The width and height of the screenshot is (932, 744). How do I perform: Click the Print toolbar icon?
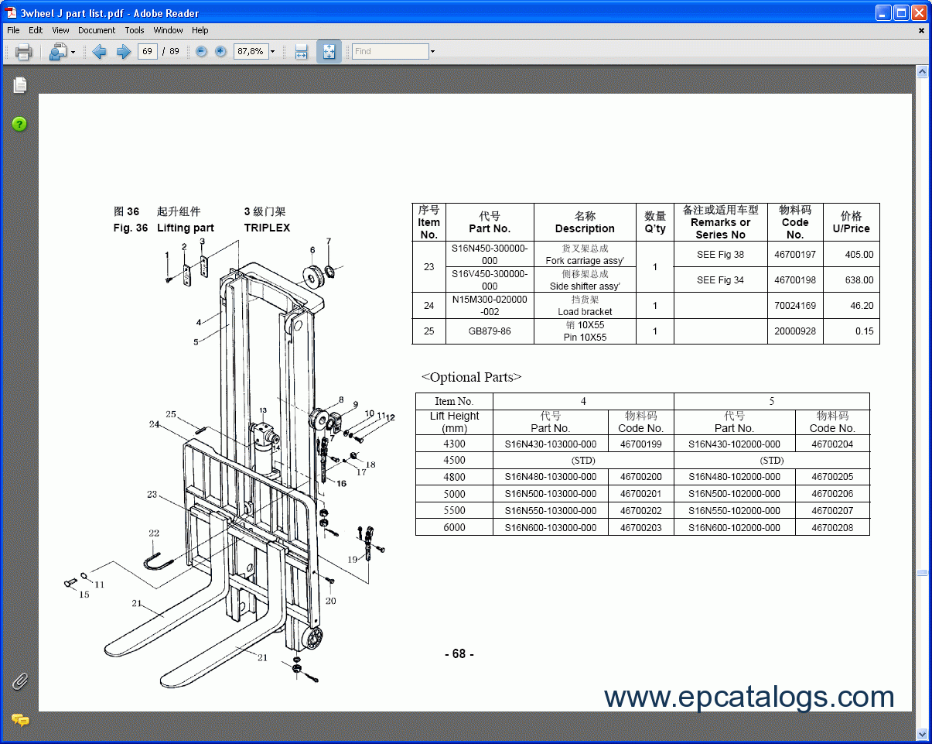(23, 52)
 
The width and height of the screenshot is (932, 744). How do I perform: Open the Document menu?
(97, 30)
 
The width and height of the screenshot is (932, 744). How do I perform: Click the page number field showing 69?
(147, 51)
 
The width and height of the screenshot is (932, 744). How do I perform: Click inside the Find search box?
(390, 51)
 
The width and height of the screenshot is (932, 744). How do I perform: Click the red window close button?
(919, 13)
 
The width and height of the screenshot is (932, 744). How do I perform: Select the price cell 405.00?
(859, 255)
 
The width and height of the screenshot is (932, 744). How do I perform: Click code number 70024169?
(794, 306)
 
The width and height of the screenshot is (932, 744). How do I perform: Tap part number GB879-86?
(490, 331)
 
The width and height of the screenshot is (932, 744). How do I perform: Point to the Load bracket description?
(585, 312)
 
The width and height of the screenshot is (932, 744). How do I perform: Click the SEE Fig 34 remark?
(719, 280)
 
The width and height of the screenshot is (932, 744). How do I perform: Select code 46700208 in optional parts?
(832, 528)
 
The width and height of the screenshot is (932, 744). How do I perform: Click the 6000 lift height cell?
(454, 528)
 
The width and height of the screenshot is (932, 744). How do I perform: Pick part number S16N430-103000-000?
(550, 444)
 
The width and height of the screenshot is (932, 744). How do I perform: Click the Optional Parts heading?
(471, 377)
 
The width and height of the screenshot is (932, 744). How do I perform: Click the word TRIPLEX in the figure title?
(267, 228)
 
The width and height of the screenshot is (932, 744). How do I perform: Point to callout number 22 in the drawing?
(154, 533)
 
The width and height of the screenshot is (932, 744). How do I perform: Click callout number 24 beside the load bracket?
(155, 424)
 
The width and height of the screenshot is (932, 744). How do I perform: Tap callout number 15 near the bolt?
(84, 595)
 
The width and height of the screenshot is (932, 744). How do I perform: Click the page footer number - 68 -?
(459, 654)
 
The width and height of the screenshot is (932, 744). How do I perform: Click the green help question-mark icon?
(19, 124)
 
